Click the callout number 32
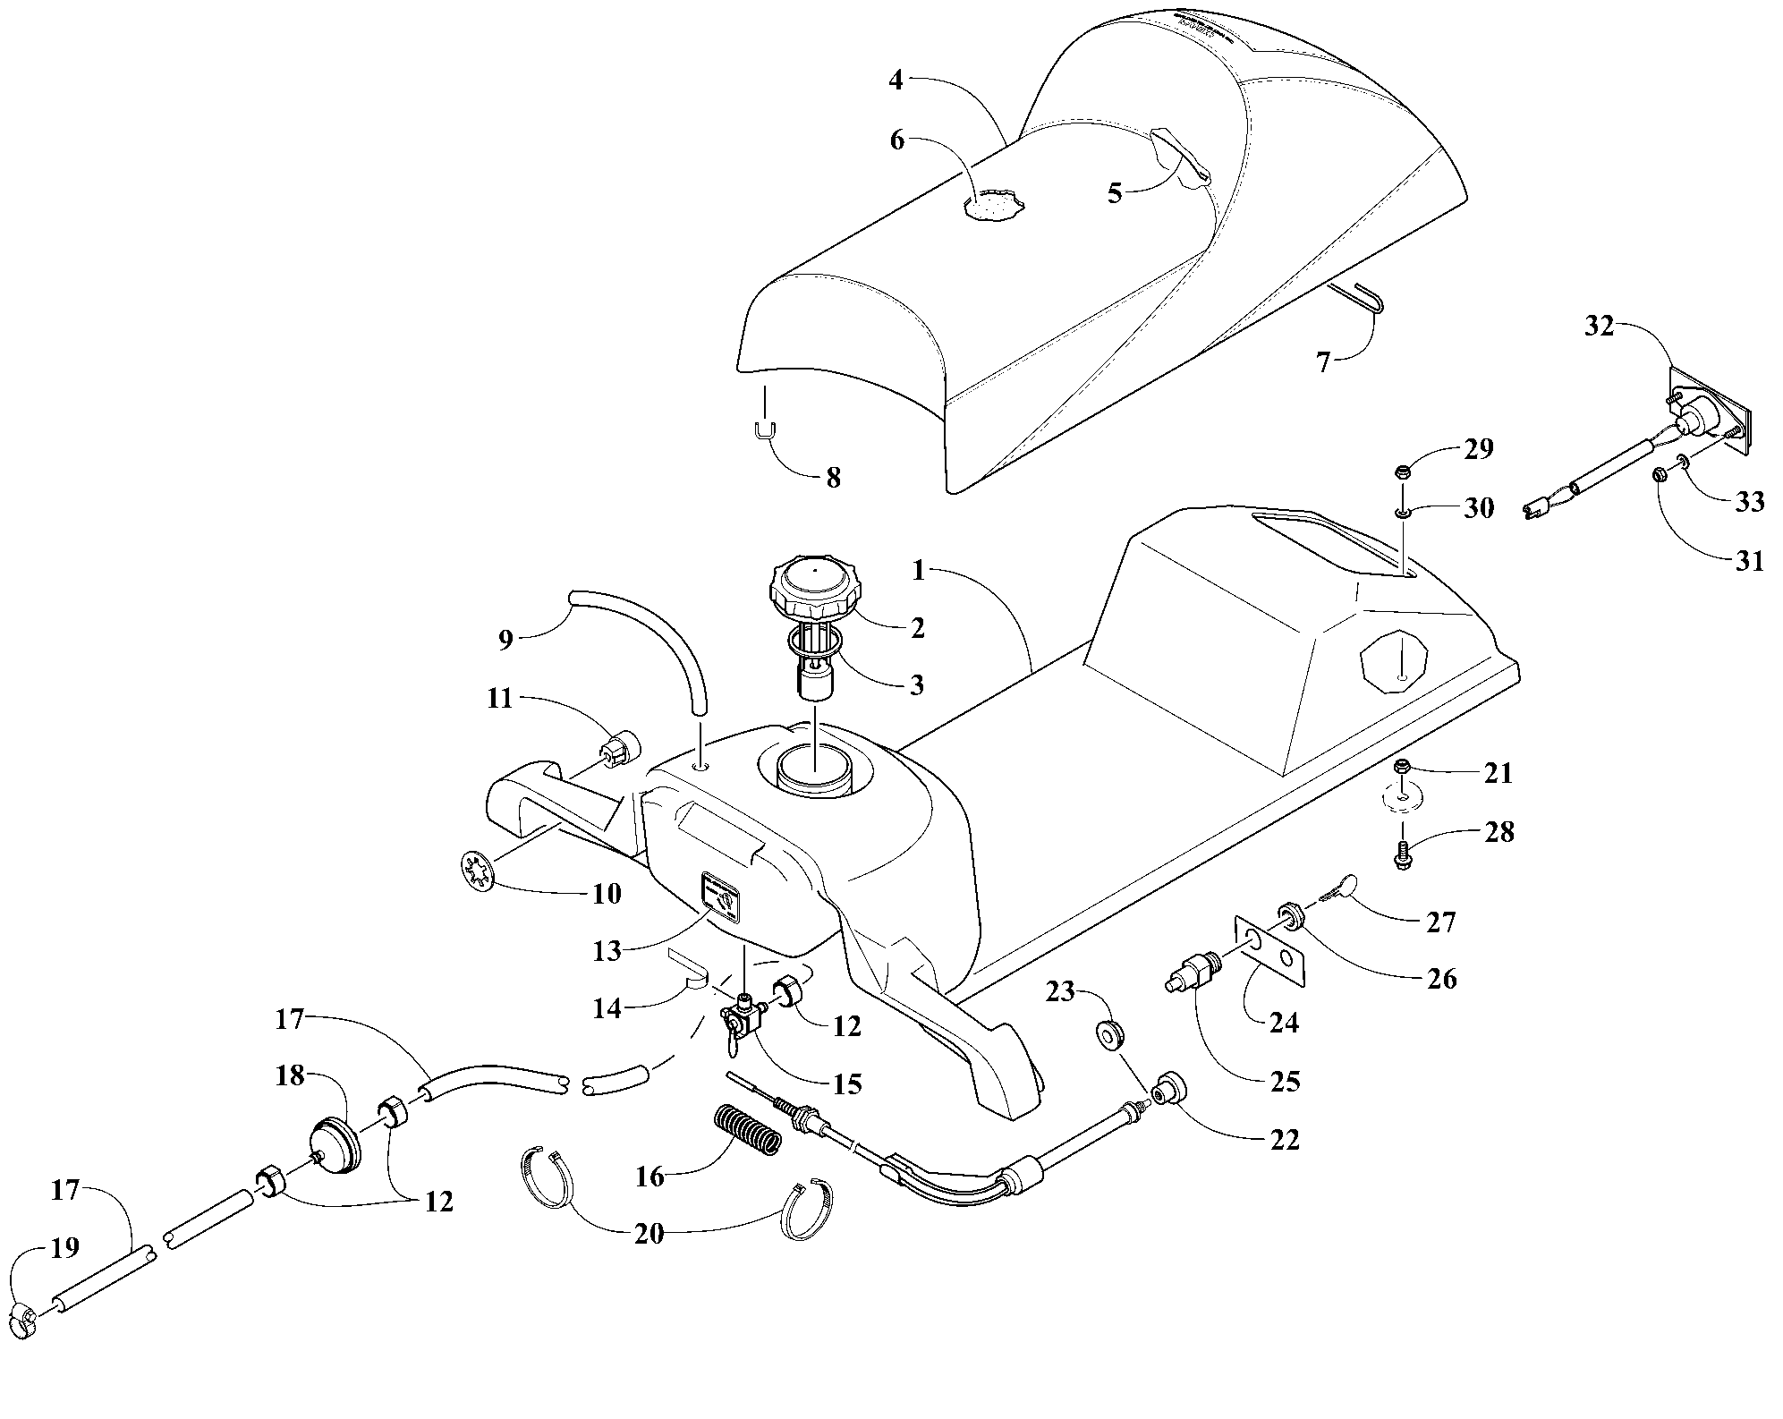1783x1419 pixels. [x=1600, y=327]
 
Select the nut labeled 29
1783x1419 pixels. [x=1403, y=472]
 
